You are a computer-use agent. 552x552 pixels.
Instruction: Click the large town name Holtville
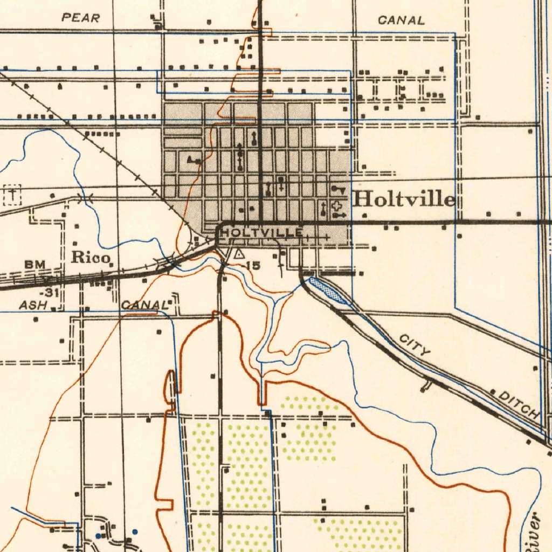point(404,199)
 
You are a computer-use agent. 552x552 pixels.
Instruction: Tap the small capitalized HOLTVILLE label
point(262,232)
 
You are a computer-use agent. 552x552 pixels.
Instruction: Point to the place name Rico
point(90,257)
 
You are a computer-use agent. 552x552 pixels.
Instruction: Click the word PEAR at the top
point(81,18)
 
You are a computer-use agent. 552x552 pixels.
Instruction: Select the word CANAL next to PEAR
point(401,21)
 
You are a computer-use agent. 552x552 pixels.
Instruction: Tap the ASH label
point(33,305)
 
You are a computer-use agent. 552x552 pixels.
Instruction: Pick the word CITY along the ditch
point(415,345)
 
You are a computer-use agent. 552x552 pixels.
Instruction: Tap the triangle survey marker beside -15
point(239,253)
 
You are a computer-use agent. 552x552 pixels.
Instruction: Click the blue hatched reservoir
point(328,289)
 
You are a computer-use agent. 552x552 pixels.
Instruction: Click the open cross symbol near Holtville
point(337,205)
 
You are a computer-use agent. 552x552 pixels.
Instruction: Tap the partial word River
point(534,531)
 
